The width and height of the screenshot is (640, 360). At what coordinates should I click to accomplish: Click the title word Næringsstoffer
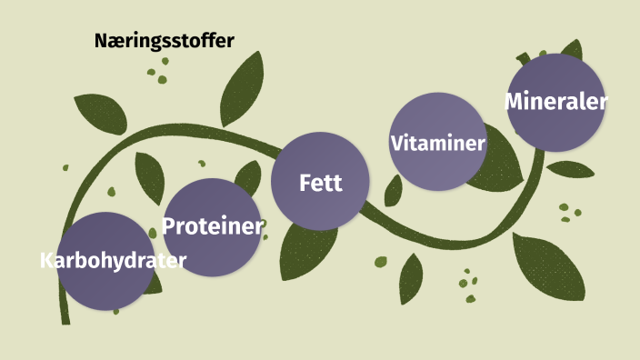click(165, 41)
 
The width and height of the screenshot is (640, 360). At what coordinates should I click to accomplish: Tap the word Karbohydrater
click(113, 261)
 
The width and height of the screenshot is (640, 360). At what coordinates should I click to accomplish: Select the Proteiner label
click(213, 225)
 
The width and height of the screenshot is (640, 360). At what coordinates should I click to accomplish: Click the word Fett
click(321, 183)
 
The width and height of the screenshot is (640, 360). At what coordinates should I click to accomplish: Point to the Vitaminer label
click(437, 143)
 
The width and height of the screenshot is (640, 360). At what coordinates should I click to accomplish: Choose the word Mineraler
click(555, 101)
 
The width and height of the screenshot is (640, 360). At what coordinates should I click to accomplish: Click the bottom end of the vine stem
click(65, 319)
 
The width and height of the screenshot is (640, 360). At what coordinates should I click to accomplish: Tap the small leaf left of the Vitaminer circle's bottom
click(394, 190)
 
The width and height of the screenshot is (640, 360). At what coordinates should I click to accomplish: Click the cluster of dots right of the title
click(160, 71)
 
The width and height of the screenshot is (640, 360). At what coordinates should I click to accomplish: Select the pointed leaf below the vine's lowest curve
click(412, 278)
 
